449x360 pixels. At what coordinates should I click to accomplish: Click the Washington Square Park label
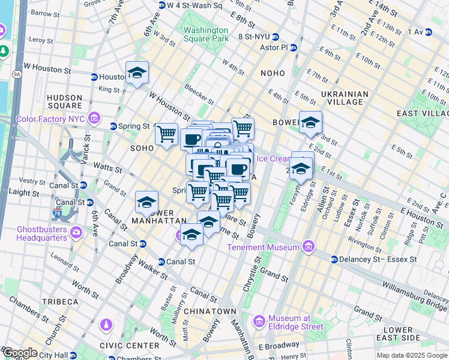(x=206, y=34)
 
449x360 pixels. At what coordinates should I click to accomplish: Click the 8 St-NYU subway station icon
(x=275, y=37)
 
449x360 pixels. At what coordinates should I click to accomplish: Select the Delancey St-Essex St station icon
(x=333, y=259)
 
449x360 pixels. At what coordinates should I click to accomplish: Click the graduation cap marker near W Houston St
(x=137, y=73)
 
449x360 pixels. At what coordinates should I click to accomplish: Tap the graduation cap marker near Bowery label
(x=310, y=122)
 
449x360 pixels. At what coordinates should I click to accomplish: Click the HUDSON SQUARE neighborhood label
(x=64, y=102)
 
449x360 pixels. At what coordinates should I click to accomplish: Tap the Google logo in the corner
(x=20, y=353)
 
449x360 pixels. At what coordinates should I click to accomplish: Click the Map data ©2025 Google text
(x=411, y=355)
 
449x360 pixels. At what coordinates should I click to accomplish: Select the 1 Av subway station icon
(x=429, y=31)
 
